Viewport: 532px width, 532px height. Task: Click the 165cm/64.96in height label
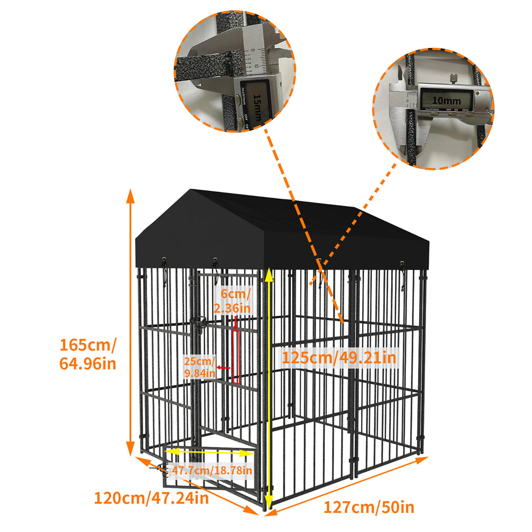pyautogui.click(x=88, y=354)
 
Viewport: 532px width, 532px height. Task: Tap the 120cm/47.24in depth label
pyautogui.click(x=151, y=497)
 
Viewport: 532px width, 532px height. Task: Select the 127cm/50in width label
pyautogui.click(x=369, y=507)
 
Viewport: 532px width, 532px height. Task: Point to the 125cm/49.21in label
pyautogui.click(x=338, y=358)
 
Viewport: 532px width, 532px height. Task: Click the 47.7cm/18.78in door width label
pyautogui.click(x=211, y=470)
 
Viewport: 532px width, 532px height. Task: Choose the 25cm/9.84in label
pyautogui.click(x=200, y=367)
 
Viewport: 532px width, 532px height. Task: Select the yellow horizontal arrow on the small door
pyautogui.click(x=210, y=452)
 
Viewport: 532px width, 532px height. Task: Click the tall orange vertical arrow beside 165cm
pyautogui.click(x=130, y=322)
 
